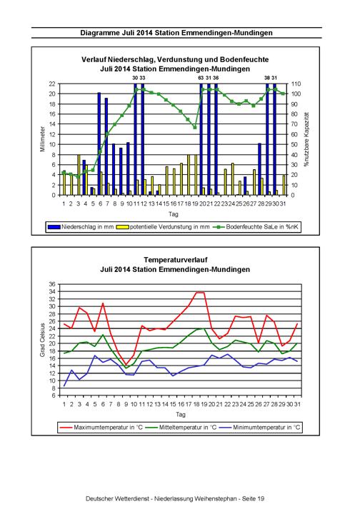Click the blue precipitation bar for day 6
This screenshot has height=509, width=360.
pos(99,143)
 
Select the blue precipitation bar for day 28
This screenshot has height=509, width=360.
pos(259,169)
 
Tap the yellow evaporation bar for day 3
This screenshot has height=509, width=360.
pos(79,175)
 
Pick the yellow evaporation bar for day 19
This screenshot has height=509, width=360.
pos(196,175)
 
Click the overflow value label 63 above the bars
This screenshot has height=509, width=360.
pos(201,78)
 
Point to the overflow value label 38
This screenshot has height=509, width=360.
pos(267,78)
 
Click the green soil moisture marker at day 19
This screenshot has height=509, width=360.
pos(195,127)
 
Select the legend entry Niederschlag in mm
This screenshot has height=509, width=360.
pos(81,227)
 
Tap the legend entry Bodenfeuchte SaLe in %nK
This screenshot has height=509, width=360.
pos(256,227)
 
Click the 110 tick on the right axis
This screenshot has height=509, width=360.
pos(296,84)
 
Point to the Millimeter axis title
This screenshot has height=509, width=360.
pos(43,139)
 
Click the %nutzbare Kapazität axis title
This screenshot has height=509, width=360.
pos(306,139)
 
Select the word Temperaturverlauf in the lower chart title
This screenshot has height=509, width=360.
pos(176,260)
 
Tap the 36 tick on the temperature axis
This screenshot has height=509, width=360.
pos(52,284)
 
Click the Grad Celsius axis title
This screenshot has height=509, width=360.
pos(43,340)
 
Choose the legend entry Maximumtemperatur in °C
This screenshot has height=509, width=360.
pos(101,428)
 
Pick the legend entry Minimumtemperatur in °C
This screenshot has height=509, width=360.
pos(260,428)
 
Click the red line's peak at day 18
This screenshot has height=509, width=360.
pos(196,292)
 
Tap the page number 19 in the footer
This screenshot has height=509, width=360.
pos(261,498)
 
